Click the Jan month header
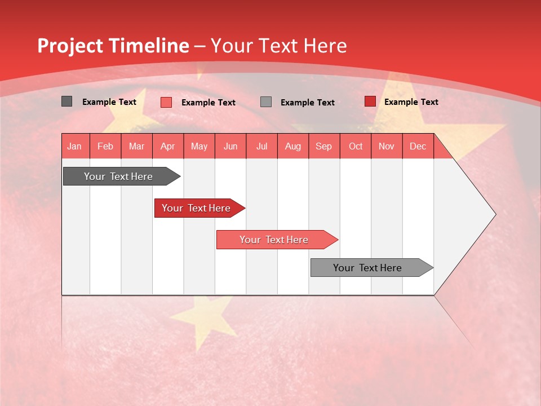(74, 146)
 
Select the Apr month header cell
(167, 146)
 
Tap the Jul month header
(261, 146)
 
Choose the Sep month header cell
(323, 146)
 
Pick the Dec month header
(418, 146)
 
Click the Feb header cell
(105, 146)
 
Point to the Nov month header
(386, 146)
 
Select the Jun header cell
(230, 146)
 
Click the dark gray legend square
(66, 101)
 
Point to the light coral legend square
(166, 102)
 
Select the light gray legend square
(266, 102)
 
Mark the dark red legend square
(370, 101)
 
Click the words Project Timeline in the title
(113, 46)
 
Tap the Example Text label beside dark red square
(411, 102)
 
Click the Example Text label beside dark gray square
(109, 102)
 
